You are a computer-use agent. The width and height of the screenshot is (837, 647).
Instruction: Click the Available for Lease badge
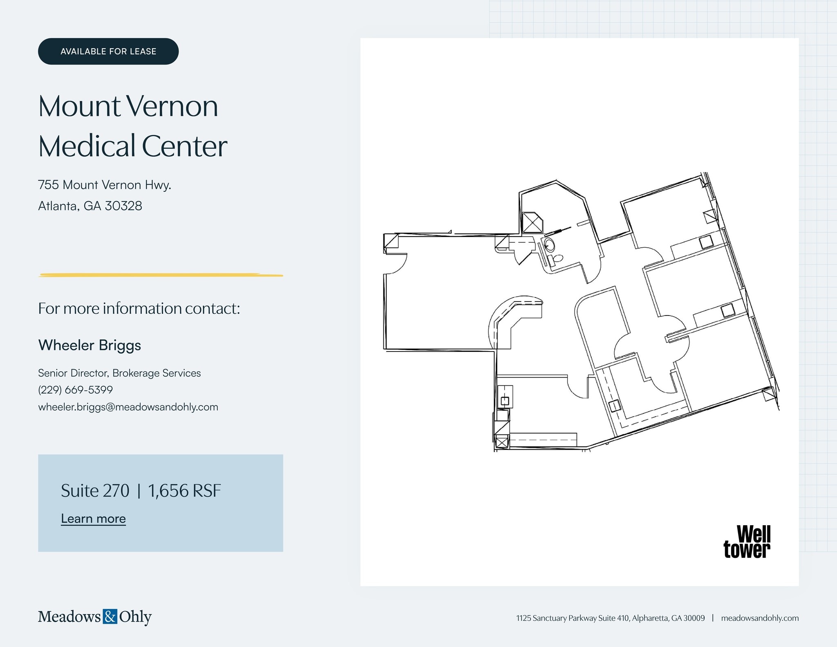(108, 51)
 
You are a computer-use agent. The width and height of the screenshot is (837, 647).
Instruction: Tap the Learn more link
(93, 518)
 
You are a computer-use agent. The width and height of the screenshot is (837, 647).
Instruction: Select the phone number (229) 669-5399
(75, 390)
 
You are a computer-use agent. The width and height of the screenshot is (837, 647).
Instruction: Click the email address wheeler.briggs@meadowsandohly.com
(128, 407)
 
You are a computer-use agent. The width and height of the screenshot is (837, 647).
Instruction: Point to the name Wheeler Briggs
(90, 345)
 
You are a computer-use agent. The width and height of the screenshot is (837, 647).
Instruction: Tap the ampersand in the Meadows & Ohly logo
(110, 616)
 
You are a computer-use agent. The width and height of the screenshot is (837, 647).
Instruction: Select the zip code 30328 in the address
(123, 206)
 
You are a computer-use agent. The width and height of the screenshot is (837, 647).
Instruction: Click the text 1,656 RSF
(184, 490)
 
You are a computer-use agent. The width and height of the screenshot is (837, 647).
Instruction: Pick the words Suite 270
(95, 490)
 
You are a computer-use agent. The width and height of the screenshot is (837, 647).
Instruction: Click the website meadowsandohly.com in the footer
(759, 618)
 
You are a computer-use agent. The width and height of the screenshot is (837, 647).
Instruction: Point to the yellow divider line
(161, 275)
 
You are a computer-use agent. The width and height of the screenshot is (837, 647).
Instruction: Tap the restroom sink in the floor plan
(550, 245)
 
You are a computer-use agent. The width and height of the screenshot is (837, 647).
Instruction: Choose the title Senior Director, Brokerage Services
(119, 373)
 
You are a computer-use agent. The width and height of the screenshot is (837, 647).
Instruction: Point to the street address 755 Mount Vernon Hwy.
(105, 185)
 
